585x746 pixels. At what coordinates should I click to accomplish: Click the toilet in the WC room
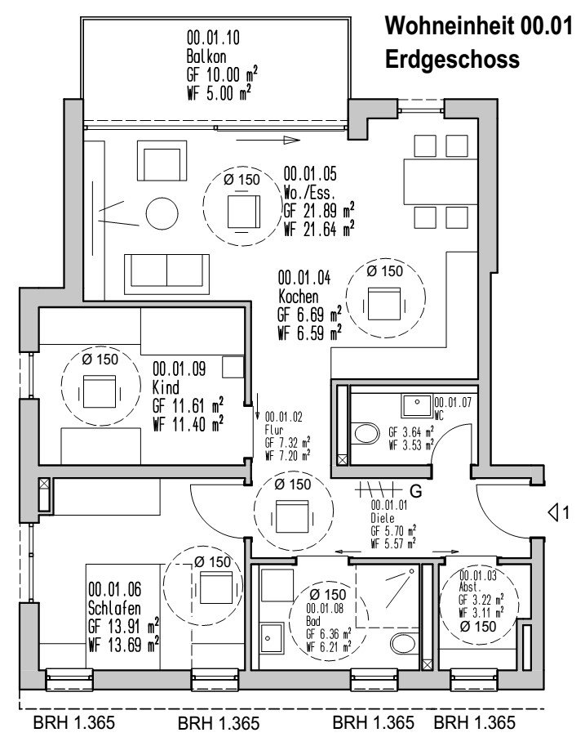pos(364,434)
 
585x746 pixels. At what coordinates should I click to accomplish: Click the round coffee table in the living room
pos(162,215)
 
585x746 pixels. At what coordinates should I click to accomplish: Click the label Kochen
pos(298,296)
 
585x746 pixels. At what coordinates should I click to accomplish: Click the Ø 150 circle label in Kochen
pos(384,270)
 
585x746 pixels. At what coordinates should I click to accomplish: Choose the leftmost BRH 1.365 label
pos(73,723)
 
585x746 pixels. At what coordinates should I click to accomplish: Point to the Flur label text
pos(276,428)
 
